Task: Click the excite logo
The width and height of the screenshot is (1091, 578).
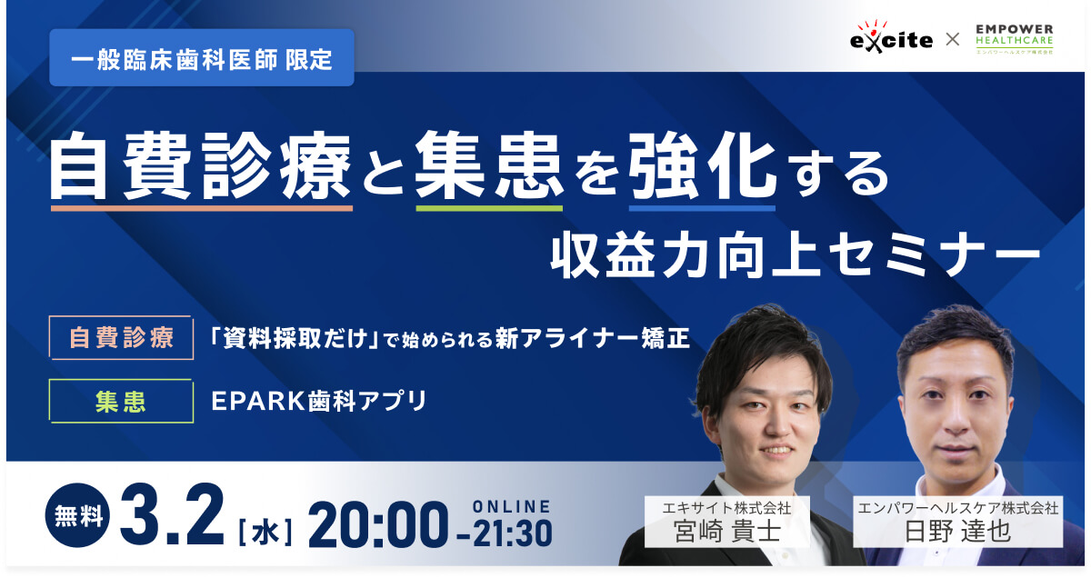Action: coord(891,36)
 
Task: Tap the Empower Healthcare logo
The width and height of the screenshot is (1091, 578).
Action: coord(1015,38)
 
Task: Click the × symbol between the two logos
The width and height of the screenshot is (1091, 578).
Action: coord(953,39)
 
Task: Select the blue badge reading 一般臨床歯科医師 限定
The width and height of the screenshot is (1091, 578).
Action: coord(202,57)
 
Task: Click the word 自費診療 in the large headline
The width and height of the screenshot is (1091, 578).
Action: coord(201,165)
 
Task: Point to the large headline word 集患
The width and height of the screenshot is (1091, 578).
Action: coord(489,165)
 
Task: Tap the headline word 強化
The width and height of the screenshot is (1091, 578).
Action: coord(702,165)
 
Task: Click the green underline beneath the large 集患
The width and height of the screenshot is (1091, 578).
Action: coord(489,208)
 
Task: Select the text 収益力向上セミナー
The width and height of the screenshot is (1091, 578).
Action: coord(795,255)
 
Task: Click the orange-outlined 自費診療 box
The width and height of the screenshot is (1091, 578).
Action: coord(121,337)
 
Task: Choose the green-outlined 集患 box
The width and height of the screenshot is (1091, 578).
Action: coord(121,402)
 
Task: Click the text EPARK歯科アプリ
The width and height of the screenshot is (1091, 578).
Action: coord(319,402)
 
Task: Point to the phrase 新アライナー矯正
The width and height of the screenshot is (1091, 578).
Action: coord(593,338)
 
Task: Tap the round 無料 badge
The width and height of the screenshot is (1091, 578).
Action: coord(78,515)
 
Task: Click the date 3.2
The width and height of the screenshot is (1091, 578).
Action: coord(172,515)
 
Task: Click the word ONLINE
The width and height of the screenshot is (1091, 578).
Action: coord(511,506)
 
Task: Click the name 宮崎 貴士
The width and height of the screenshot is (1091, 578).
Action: coord(727,532)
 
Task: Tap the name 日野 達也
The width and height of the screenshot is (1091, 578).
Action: coord(957,532)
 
